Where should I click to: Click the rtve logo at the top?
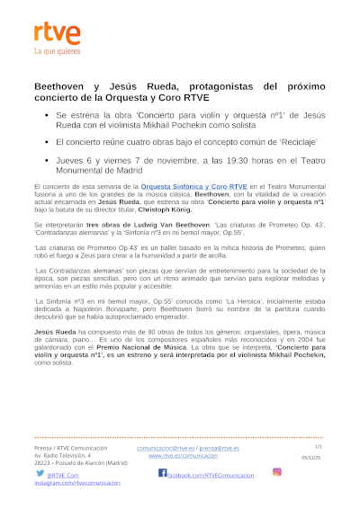pyautogui.click(x=57, y=35)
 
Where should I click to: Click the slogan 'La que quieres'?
pyautogui.click(x=57, y=52)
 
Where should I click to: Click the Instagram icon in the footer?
pyautogui.click(x=276, y=471)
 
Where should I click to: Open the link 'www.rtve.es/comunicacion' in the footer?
pyautogui.click(x=182, y=456)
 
